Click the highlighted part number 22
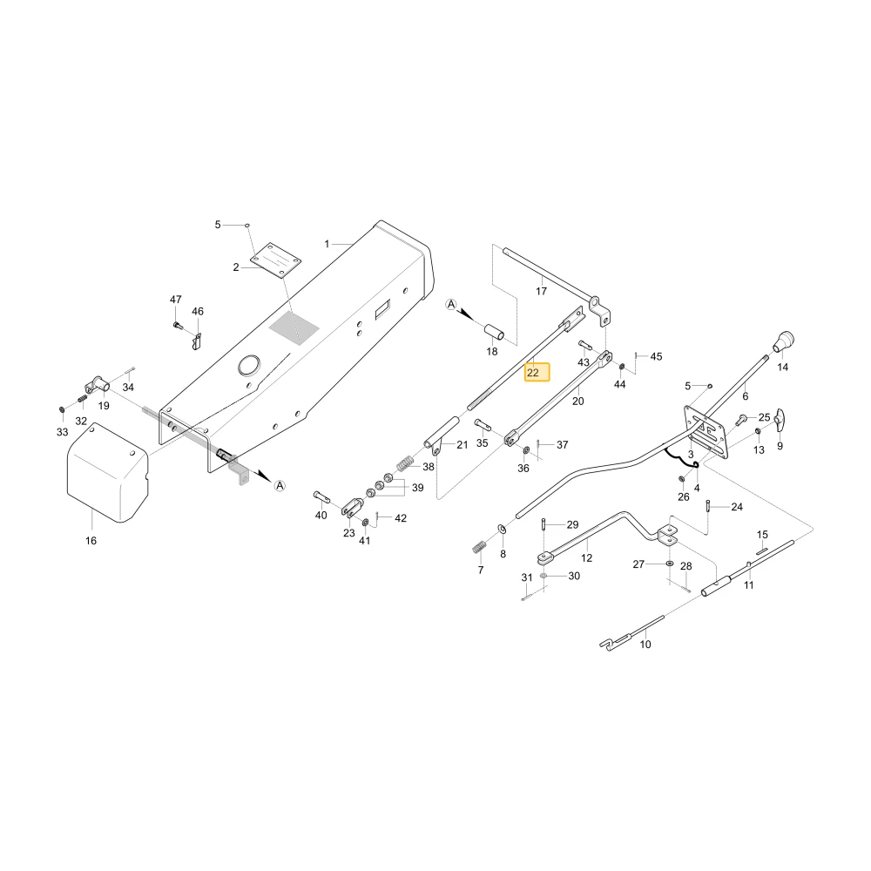533,373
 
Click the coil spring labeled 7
479,547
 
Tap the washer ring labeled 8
501,527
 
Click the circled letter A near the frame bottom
280,485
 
